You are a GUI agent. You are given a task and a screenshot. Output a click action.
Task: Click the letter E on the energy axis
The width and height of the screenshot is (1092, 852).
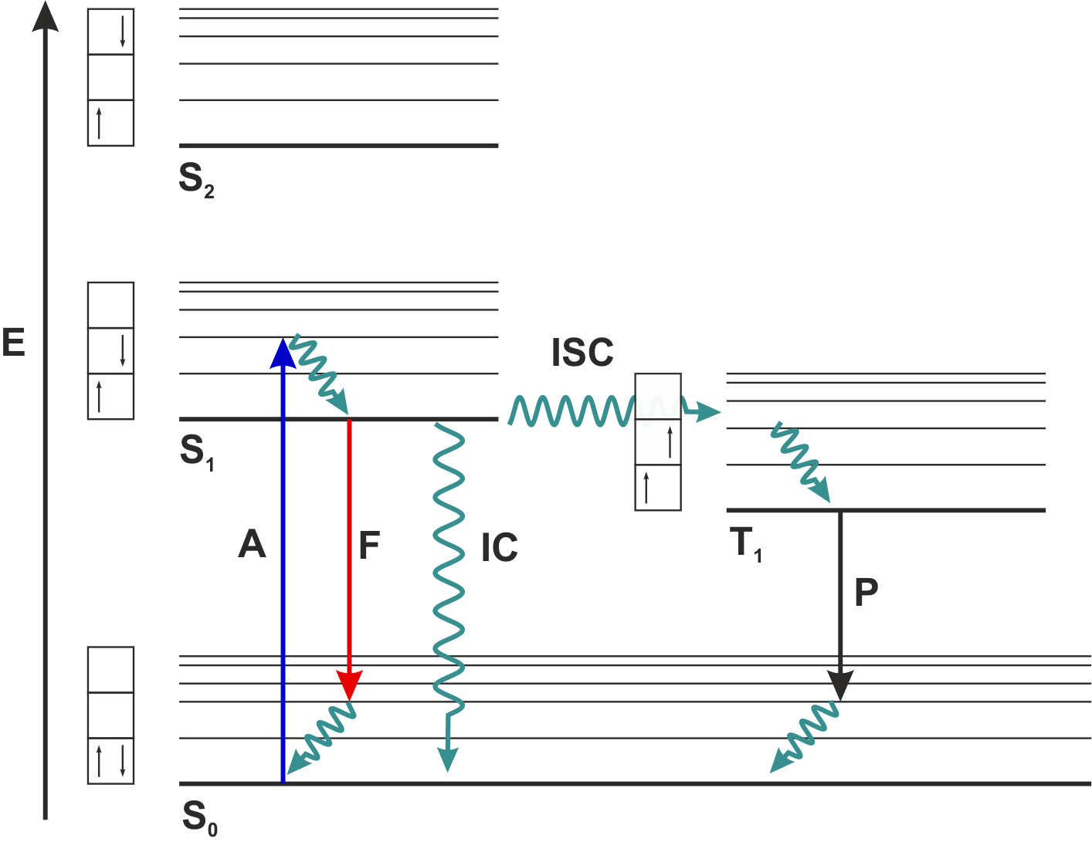(13, 343)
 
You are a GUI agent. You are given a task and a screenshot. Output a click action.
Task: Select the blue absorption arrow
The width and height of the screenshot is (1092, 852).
(283, 556)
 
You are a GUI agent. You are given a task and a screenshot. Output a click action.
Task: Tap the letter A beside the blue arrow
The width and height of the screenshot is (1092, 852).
(252, 545)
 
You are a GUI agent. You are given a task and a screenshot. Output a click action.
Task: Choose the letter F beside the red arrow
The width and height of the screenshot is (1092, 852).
(369, 545)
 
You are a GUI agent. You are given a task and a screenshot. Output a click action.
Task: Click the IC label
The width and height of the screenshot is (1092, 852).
(499, 548)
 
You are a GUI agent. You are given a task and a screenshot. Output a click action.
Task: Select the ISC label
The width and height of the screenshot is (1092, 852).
(582, 353)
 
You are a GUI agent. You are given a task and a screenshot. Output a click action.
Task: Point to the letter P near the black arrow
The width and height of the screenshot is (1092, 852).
(866, 592)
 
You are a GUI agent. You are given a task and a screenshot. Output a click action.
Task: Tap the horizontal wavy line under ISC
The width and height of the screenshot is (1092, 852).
(571, 411)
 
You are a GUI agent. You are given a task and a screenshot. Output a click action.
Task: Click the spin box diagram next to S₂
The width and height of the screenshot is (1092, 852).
(110, 77)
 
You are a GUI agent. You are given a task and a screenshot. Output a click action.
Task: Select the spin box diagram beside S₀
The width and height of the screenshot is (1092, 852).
(110, 715)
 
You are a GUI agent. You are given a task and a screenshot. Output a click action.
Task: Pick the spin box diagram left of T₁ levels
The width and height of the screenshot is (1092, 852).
(657, 442)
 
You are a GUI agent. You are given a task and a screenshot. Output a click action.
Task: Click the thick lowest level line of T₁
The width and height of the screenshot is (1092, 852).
(886, 510)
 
